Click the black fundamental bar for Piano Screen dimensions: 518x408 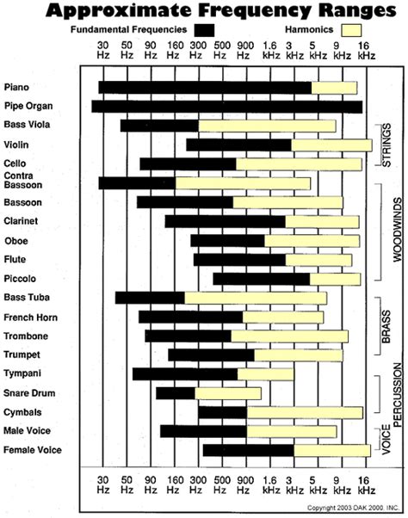[204, 87]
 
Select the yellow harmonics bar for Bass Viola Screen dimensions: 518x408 [267, 126]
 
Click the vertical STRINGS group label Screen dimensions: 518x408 [386, 144]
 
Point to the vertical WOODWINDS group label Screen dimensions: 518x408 [386, 229]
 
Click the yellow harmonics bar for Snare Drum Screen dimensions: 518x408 [227, 393]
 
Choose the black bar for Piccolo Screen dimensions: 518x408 [261, 278]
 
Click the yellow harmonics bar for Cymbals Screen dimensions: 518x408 [304, 412]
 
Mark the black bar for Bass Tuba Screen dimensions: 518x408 [150, 298]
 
